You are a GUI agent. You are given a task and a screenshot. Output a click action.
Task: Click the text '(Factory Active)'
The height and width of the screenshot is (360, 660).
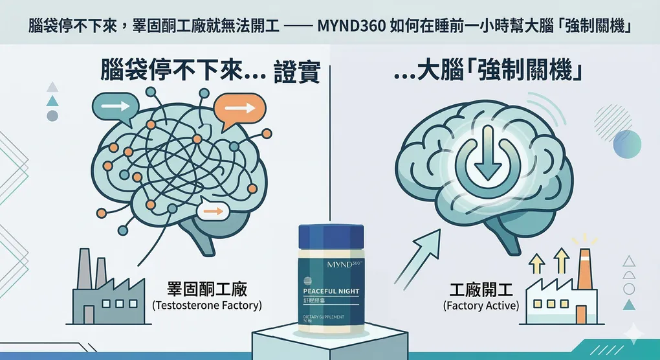click(x=481, y=305)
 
